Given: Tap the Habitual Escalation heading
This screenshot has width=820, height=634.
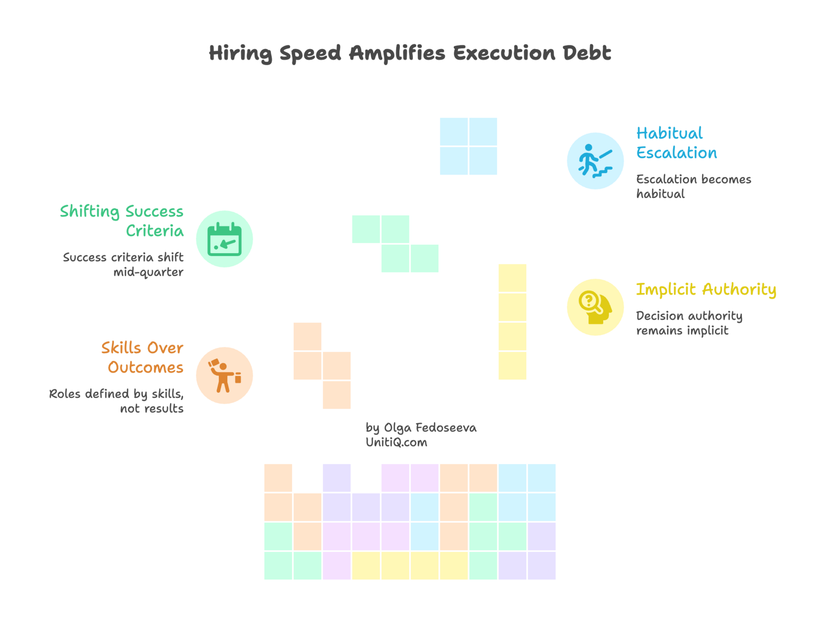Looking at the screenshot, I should pyautogui.click(x=676, y=143).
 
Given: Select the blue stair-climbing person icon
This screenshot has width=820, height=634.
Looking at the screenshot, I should pyautogui.click(x=595, y=160).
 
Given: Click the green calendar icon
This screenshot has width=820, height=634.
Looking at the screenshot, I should pyautogui.click(x=225, y=239).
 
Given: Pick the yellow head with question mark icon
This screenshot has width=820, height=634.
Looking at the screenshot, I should pyautogui.click(x=595, y=307).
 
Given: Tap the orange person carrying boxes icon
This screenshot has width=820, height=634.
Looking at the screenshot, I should pyautogui.click(x=225, y=376).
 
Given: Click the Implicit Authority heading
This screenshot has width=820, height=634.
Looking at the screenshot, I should pyautogui.click(x=706, y=290).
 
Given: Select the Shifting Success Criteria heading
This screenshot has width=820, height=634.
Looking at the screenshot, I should pyautogui.click(x=122, y=221).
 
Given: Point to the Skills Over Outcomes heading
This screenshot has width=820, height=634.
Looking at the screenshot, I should pyautogui.click(x=143, y=357).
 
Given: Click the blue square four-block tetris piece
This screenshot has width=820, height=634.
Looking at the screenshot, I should pyautogui.click(x=468, y=146).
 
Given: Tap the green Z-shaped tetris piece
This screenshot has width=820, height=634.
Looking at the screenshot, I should pyautogui.click(x=395, y=244).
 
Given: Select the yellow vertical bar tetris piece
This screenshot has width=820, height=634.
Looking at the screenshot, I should pyautogui.click(x=512, y=322).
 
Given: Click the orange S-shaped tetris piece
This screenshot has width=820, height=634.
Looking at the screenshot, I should pyautogui.click(x=322, y=366).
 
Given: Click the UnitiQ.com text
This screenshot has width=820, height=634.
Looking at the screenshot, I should pyautogui.click(x=396, y=443).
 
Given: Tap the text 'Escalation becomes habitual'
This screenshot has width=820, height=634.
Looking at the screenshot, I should pyautogui.click(x=693, y=186).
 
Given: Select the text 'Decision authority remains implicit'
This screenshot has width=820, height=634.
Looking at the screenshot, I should pyautogui.click(x=688, y=323).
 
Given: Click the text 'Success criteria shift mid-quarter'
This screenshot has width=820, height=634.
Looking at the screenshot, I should pyautogui.click(x=123, y=264).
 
